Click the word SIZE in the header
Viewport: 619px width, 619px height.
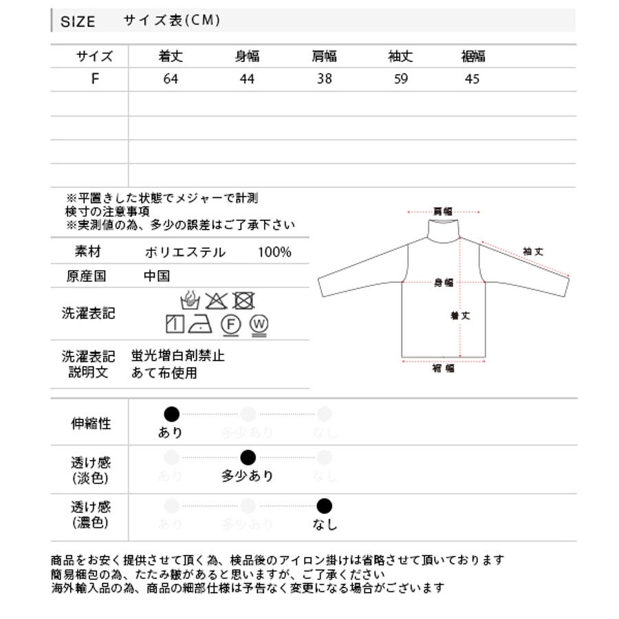[x=78, y=21]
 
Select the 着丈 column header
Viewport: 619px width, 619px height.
[x=171, y=57]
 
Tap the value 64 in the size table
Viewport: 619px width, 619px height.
[x=171, y=79]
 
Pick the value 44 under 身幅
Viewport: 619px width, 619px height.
[x=247, y=79]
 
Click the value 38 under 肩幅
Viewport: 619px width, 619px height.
[x=325, y=79]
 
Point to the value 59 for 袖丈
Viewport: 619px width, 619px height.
[x=401, y=79]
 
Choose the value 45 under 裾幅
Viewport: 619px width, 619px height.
[x=471, y=79]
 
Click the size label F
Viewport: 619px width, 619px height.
[x=95, y=78]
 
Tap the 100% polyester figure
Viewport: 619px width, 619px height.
[x=274, y=252]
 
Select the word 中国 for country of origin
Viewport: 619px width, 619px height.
[x=157, y=276]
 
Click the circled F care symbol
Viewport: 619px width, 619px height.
[x=230, y=324]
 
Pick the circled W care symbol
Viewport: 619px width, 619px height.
[x=259, y=324]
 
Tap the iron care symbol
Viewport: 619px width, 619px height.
[x=204, y=323]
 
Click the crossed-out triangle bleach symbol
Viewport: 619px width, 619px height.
[x=217, y=301]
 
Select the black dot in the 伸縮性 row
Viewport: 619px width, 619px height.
[x=171, y=414]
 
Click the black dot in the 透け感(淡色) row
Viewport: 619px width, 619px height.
[x=248, y=457]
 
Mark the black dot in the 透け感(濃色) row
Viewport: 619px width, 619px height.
[x=325, y=507]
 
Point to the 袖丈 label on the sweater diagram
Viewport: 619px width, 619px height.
[x=533, y=252]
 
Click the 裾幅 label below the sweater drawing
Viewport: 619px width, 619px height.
[x=443, y=369]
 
